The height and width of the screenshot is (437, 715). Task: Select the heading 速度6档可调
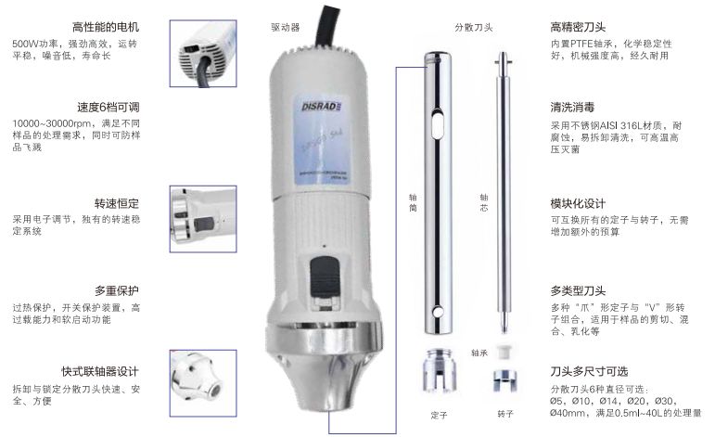coord(109,107)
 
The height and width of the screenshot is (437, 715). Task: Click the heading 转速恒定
coord(116,203)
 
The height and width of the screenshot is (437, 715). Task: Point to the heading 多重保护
coord(116,289)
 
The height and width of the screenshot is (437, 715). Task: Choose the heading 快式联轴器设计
coord(101,369)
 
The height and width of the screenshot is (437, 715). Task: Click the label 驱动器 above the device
coord(284,29)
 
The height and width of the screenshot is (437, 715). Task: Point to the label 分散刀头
coord(474,29)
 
